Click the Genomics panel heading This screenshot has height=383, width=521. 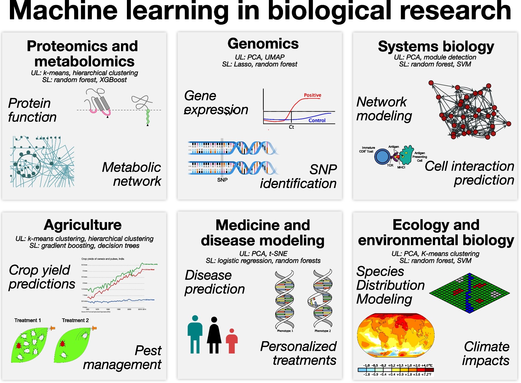tap(263, 44)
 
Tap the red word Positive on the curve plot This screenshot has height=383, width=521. tap(312, 95)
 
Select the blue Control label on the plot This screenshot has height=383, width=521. tap(317, 120)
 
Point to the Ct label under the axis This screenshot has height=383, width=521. tap(291, 127)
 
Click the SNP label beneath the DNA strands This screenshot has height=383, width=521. tap(222, 180)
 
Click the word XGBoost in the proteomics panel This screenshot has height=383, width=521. tap(113, 80)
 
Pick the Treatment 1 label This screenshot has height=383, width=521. tap(28, 320)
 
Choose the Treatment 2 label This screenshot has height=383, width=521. tap(75, 320)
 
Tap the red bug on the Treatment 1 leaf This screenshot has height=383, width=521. tap(19, 345)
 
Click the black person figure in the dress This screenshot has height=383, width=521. tap(214, 335)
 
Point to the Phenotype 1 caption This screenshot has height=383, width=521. tap(285, 331)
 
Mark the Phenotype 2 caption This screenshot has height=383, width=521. tap(323, 331)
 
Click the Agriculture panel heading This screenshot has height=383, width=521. tap(83, 225)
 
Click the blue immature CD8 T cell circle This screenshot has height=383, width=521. tap(382, 157)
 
